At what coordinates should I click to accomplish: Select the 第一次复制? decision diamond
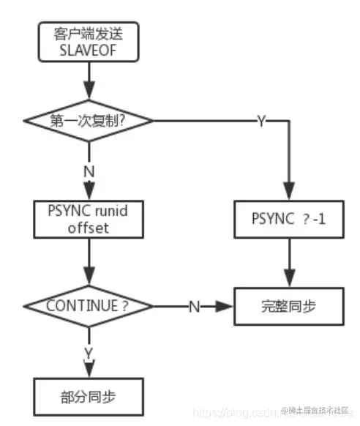(88, 120)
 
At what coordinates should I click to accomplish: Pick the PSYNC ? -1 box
(288, 219)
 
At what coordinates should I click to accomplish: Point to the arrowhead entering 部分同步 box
(88, 370)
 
